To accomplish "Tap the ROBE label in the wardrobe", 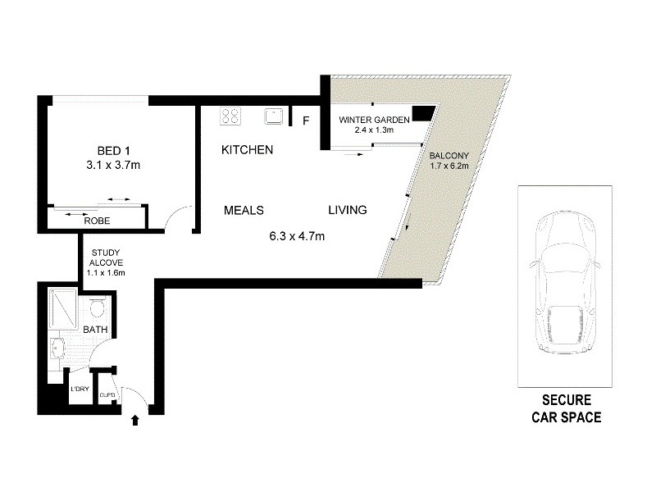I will click(x=98, y=221).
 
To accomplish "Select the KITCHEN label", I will click(x=248, y=151).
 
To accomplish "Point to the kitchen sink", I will click(x=274, y=116).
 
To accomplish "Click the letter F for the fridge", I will click(x=306, y=121).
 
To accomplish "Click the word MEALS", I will click(x=244, y=211).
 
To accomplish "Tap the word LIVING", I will click(x=348, y=211).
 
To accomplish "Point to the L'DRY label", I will click(x=80, y=389).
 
